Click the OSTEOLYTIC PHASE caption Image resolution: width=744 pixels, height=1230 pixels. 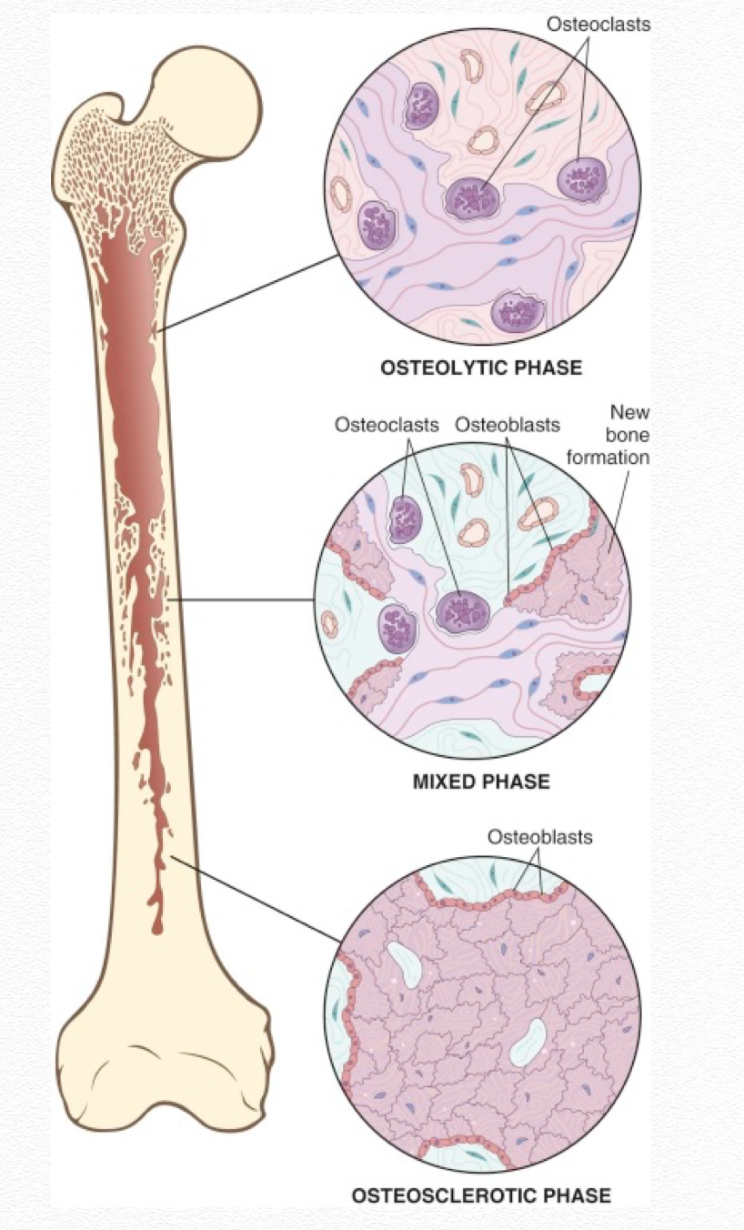[x=481, y=368]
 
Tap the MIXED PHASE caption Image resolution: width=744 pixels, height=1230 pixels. [x=481, y=781]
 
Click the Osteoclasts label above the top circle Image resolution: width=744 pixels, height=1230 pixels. [x=598, y=25]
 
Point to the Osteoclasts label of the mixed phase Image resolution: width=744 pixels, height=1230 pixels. [x=387, y=425]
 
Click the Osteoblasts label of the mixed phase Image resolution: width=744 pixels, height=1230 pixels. [x=508, y=425]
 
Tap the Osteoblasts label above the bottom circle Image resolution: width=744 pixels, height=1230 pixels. [x=540, y=837]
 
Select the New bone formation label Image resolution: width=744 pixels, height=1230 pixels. [x=608, y=434]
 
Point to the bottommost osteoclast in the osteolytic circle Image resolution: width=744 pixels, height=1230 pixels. [x=518, y=312]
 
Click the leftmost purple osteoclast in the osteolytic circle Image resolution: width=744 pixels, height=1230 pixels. [x=377, y=225]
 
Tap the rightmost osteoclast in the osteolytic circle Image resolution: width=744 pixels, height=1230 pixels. [x=582, y=180]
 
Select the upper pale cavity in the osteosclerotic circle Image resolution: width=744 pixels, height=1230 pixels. [x=404, y=963]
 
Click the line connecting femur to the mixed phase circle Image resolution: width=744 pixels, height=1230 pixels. [x=242, y=600]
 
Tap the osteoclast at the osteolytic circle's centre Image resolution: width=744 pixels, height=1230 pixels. [x=472, y=198]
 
